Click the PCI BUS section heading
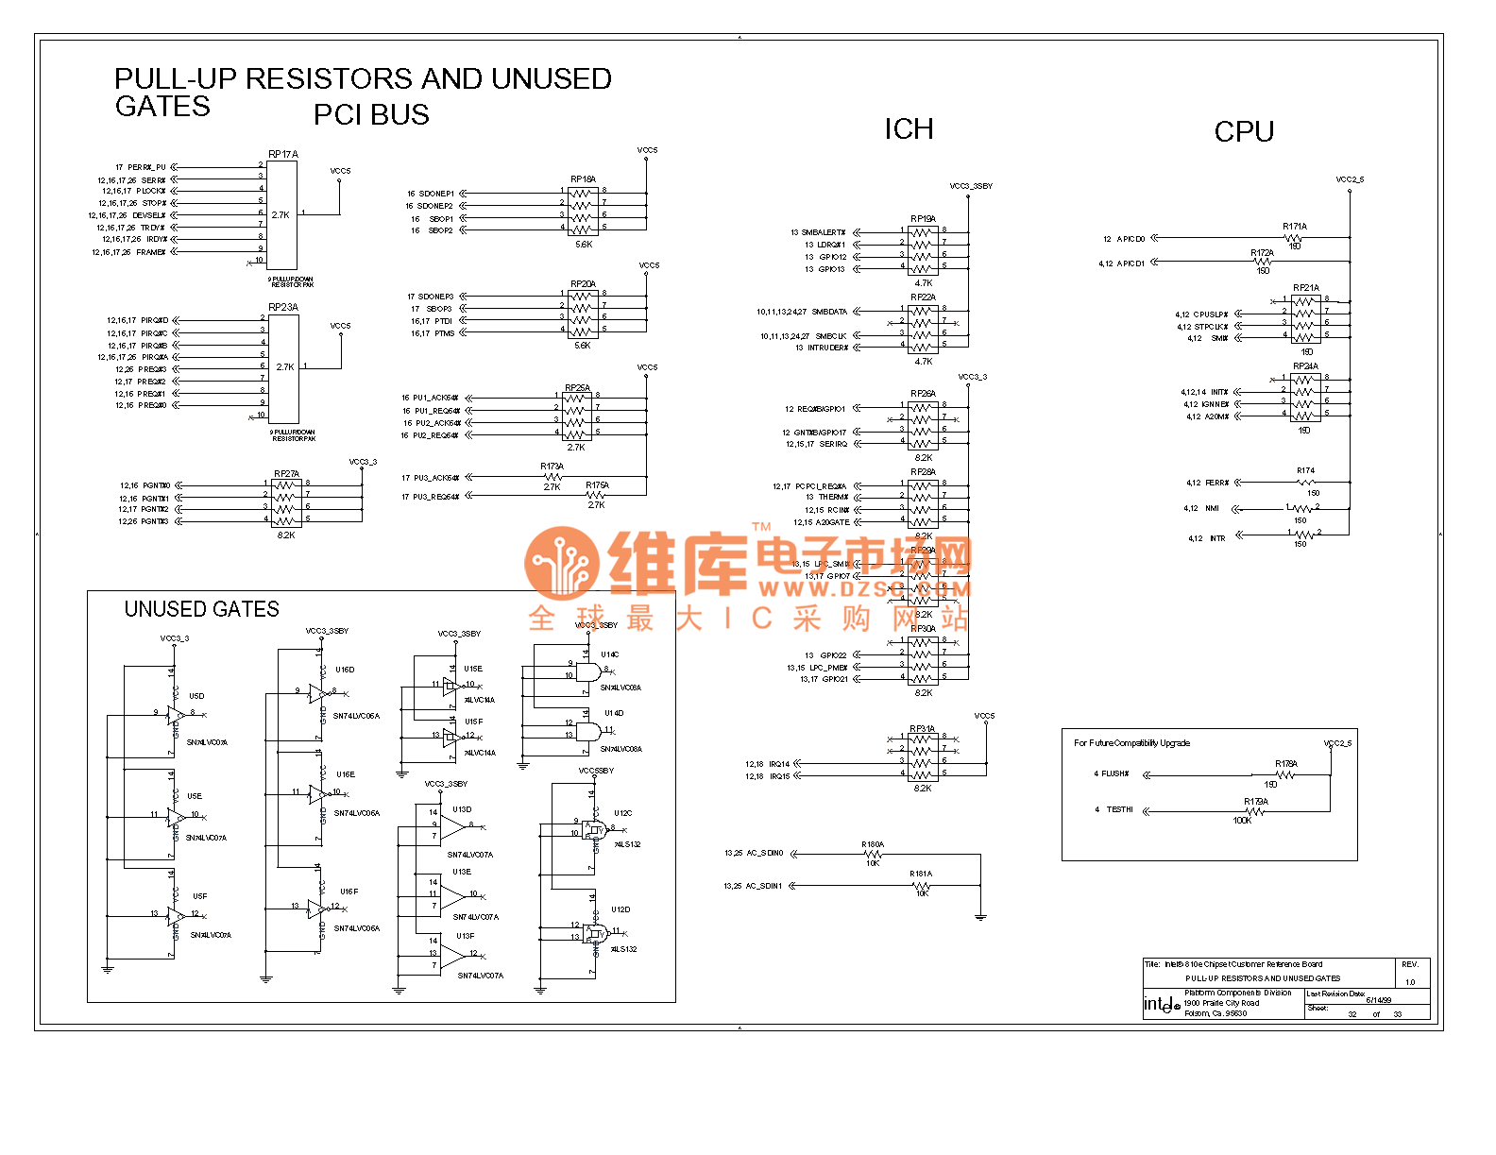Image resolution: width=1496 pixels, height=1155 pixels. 371,115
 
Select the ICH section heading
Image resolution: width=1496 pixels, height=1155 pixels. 909,129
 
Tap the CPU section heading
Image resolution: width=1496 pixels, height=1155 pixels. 1244,132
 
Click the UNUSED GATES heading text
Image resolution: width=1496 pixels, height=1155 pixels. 202,609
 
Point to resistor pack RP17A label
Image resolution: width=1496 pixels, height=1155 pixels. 282,154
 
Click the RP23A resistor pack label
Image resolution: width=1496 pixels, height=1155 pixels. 282,307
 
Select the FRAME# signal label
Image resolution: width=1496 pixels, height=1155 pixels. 151,252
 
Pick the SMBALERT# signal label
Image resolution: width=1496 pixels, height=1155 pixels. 824,232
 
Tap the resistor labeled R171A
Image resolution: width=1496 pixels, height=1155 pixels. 1295,227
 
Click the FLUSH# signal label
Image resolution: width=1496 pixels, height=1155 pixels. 1114,773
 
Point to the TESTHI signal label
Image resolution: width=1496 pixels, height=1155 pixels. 1119,809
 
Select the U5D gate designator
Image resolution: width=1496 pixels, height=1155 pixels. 196,696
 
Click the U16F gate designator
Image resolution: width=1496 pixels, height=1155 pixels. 348,892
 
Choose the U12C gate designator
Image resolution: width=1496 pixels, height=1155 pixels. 622,813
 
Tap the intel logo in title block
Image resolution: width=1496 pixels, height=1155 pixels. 1162,1004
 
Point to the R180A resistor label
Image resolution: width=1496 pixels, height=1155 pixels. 873,844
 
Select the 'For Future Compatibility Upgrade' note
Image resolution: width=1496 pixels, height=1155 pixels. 1131,743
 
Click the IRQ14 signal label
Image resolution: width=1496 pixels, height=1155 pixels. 779,764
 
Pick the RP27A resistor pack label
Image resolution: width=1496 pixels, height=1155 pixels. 286,474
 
